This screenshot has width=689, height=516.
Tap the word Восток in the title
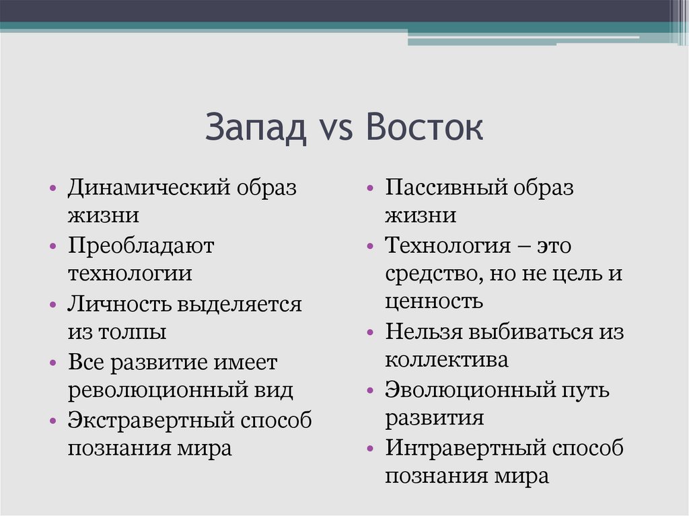point(425,128)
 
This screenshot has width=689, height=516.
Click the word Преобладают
point(140,246)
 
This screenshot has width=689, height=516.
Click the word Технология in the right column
point(448,246)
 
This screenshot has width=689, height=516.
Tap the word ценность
point(433,301)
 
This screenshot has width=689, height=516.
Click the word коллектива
point(446,360)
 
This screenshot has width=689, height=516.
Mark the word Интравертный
point(464,447)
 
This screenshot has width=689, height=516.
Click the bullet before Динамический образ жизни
point(52,189)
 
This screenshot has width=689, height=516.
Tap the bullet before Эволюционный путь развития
point(371,391)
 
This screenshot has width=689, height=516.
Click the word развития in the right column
point(434,418)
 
